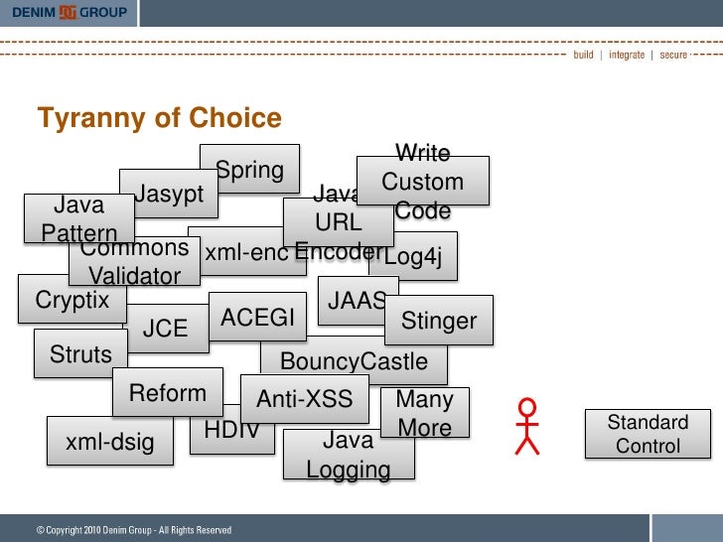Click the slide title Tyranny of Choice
tap(159, 119)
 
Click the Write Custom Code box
tap(423, 182)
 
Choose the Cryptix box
tap(72, 299)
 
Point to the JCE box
tap(166, 329)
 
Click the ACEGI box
tap(258, 318)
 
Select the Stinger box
tap(438, 321)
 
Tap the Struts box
tap(80, 354)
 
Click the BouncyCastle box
tap(355, 361)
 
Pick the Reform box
tap(168, 393)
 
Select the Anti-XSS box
tap(304, 399)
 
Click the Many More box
tap(425, 414)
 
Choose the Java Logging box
tap(348, 455)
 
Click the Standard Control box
tap(648, 434)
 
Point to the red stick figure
tap(527, 427)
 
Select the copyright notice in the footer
tap(134, 530)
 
